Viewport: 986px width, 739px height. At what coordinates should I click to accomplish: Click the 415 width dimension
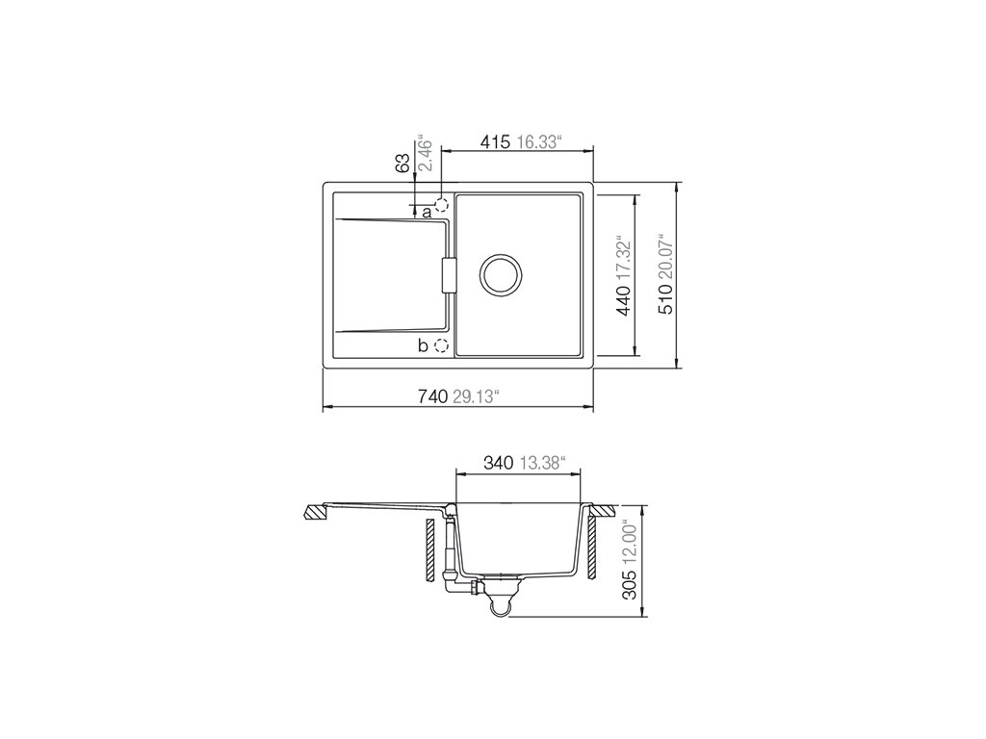[496, 142]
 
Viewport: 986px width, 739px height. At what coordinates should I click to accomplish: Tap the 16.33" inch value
[538, 142]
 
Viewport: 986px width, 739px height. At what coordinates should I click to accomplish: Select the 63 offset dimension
[403, 164]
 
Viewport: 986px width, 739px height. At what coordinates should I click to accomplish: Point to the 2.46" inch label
[425, 152]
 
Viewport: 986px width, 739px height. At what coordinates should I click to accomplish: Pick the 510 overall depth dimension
[666, 300]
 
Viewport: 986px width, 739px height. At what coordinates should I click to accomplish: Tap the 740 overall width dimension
[432, 395]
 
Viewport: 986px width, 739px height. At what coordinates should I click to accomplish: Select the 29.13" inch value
[476, 395]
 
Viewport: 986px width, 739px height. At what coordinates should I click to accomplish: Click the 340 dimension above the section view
[500, 463]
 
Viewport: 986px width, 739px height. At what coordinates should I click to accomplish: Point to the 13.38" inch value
[543, 463]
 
